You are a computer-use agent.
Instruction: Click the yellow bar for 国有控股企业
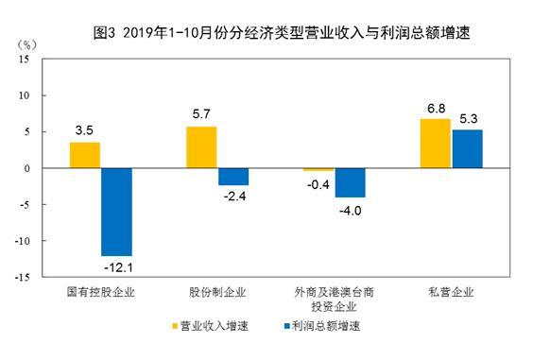(x=84, y=155)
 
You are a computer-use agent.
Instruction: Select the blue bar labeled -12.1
(x=116, y=212)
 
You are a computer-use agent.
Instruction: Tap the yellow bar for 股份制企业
(x=201, y=147)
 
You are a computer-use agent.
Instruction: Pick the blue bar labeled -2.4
(x=233, y=177)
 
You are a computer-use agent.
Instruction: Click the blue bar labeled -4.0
(x=350, y=182)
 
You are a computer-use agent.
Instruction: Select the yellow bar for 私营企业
(x=435, y=144)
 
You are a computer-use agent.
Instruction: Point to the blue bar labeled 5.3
(x=467, y=149)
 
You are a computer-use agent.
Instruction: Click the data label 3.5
(x=85, y=130)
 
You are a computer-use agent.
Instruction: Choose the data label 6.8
(x=435, y=107)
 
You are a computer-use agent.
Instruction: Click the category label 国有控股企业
(x=100, y=292)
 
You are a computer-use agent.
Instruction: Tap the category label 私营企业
(x=450, y=292)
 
